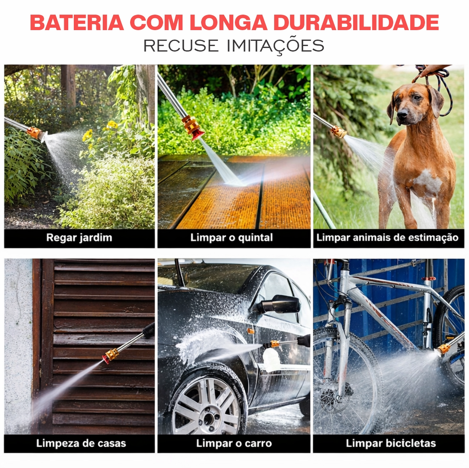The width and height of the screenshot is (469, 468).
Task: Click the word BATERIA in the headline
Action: pos(77,22)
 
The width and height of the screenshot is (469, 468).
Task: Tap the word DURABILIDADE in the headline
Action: pos(356,22)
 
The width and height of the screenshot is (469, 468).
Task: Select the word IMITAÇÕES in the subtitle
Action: pos(275,46)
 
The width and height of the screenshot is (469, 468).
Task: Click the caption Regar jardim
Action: pos(79,237)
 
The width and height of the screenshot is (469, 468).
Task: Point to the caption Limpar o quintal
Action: pos(231,237)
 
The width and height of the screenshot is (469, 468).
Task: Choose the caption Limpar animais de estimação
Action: pos(387,237)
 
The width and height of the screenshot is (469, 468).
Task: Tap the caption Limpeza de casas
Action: pos(81,443)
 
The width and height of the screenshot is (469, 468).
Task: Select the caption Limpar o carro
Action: pos(234,443)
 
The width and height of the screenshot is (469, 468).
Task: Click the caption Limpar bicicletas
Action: pos(391,443)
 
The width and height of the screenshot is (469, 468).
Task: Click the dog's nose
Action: pos(403,113)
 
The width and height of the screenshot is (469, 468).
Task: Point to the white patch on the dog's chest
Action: pos(427,180)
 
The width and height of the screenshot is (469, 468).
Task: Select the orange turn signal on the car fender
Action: pos(251,331)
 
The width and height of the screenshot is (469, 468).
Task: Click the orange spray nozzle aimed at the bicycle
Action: pos(443,349)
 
